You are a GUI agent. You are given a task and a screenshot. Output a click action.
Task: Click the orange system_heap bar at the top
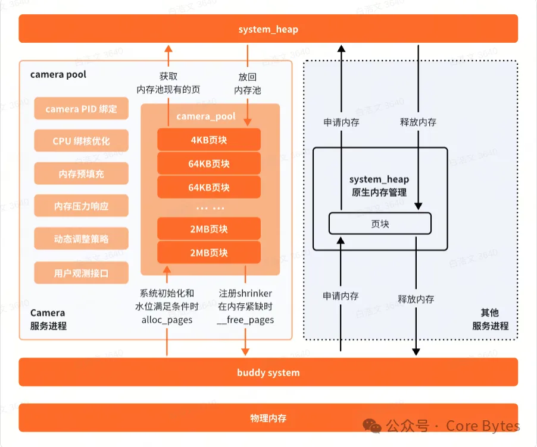(268, 29)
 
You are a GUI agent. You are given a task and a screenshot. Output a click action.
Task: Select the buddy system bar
(268, 373)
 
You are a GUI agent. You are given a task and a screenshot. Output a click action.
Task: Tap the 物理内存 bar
(268, 418)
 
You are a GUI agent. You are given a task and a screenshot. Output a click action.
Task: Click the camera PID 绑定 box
(81, 109)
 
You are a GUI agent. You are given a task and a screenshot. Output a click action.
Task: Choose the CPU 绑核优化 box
(81, 141)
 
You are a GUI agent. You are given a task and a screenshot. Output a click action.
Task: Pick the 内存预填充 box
(81, 174)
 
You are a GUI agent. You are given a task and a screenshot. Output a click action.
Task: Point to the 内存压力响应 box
(81, 207)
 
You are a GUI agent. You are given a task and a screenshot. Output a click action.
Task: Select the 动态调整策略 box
(81, 240)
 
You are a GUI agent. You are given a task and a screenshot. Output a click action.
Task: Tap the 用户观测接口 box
(81, 273)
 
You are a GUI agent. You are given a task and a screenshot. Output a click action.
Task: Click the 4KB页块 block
(209, 140)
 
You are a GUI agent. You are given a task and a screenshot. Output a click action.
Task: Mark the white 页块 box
(380, 223)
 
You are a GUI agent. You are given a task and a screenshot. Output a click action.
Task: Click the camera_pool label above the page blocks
(206, 117)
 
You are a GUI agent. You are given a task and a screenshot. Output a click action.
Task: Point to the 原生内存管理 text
(379, 192)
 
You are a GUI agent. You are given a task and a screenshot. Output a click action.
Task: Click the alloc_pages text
(167, 320)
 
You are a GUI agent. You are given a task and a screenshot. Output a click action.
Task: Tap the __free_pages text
(245, 320)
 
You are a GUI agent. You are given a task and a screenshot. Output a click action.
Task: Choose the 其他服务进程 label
(491, 319)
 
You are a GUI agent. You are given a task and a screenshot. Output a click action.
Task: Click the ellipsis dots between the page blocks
(210, 209)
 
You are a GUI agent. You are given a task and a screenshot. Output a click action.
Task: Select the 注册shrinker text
(245, 294)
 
